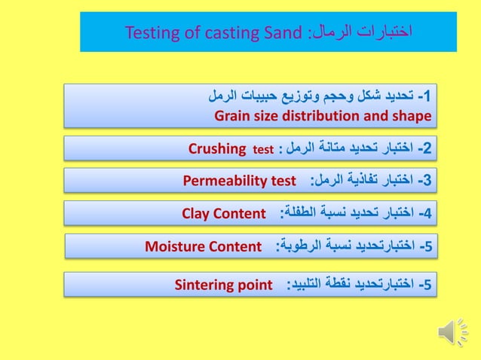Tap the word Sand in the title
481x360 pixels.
point(283,32)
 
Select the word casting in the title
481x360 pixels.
point(226,32)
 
